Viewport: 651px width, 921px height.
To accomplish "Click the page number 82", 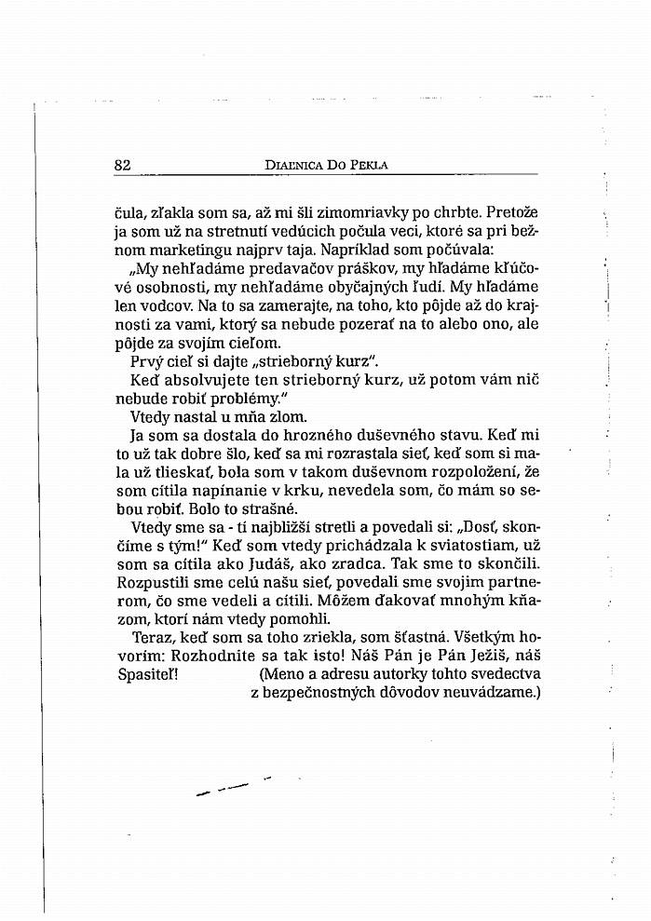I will [122, 165].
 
